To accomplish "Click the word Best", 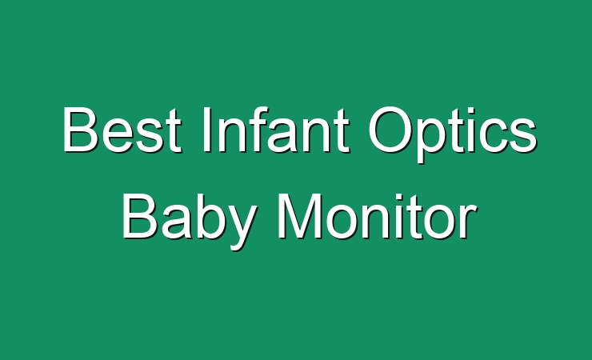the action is point(122,130).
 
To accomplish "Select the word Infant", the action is point(276,130).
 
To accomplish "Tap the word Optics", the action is point(453,134).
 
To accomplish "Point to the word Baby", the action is point(188,221).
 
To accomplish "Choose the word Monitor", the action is point(377,216).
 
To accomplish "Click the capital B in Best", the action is point(80,130).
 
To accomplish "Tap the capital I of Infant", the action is point(206,130).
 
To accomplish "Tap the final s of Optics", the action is point(522,135).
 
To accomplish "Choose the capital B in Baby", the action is point(139,216).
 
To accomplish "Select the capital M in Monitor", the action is point(300,216).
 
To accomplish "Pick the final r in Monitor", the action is point(467,222).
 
